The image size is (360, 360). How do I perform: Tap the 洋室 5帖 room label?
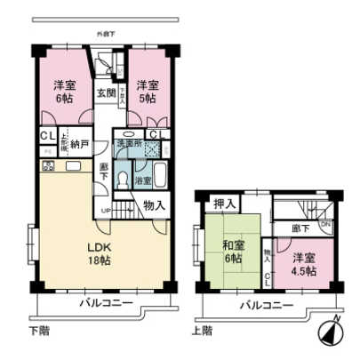pos(147,92)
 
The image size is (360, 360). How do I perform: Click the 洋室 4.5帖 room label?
pos(303,263)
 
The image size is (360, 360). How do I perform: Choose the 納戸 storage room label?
pos(79,141)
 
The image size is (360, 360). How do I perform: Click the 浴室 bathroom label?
pos(143,183)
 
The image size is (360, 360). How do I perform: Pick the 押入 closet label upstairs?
pos(225,204)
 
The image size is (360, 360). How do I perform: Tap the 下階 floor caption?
pos(40,332)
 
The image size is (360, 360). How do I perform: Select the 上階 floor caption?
pos(202,332)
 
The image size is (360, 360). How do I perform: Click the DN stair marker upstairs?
pos(325,226)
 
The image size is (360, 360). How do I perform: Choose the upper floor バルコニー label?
pos(265,305)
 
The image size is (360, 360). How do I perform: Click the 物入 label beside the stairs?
pos(153,204)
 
